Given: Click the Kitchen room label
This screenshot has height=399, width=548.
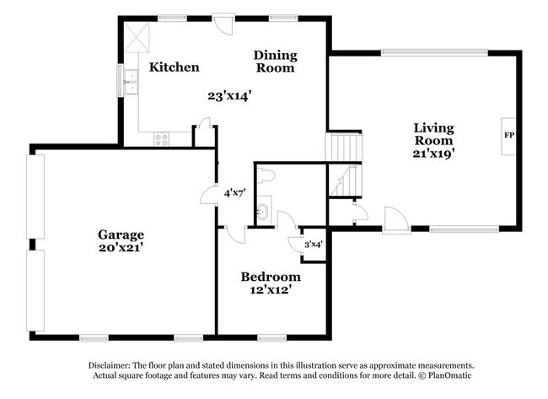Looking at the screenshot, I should (175, 67).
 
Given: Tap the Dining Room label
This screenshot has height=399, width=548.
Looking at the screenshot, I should (275, 62).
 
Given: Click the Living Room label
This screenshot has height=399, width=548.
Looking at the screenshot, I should (433, 134).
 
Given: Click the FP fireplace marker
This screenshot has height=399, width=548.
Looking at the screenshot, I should (508, 135).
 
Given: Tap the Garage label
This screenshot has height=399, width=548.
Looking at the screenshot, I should (121, 235).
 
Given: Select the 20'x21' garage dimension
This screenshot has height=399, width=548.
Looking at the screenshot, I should (121, 248).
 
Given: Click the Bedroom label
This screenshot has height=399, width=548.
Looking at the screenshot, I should (270, 277).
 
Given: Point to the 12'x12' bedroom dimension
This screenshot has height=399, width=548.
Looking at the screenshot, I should (270, 291).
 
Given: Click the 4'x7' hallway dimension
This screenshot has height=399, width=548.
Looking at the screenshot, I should (234, 193).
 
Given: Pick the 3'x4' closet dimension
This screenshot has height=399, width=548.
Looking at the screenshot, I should (313, 244).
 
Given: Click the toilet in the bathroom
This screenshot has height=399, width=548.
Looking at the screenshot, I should (268, 175).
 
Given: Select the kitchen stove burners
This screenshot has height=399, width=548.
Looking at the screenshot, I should (163, 139).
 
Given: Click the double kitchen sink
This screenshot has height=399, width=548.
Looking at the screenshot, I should (130, 82).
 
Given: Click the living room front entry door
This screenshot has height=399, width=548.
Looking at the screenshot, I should (394, 221).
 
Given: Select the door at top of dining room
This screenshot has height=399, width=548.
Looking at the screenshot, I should (223, 23).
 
